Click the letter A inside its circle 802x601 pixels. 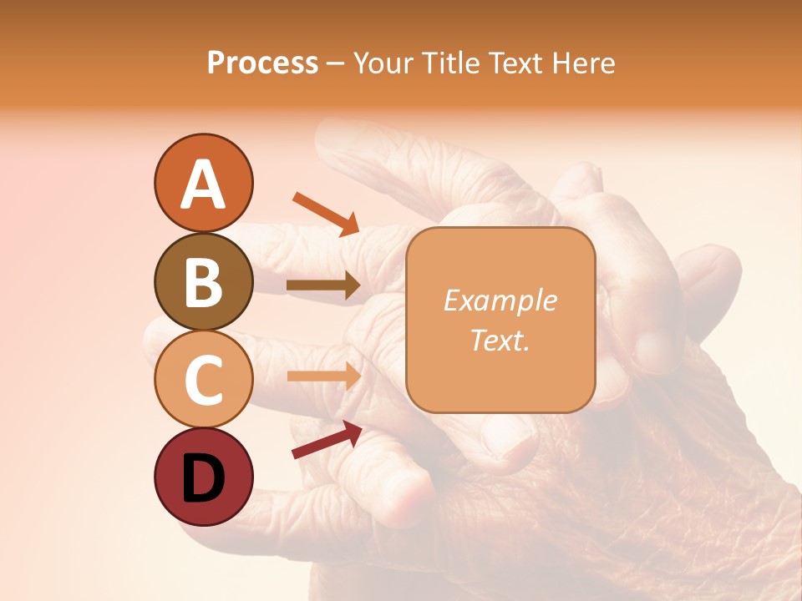[203, 185]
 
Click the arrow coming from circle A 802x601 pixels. [326, 213]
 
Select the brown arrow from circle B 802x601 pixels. [323, 285]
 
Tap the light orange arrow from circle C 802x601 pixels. [323, 376]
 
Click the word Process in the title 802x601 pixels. [262, 63]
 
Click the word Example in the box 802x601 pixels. [500, 300]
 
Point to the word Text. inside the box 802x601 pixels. [500, 341]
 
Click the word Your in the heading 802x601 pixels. [383, 63]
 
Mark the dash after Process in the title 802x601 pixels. [335, 63]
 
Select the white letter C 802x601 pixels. [203, 380]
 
